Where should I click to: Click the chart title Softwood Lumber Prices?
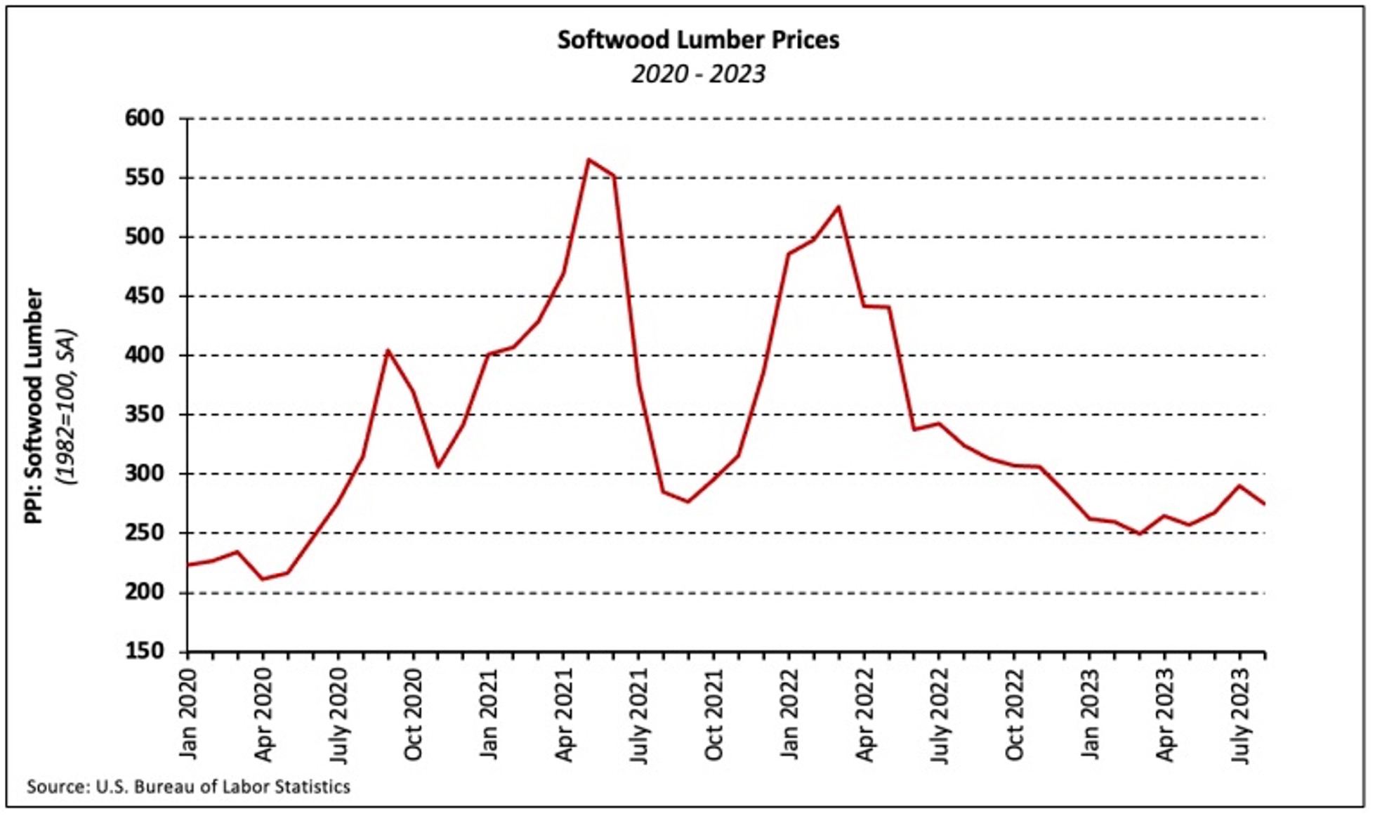tap(698, 40)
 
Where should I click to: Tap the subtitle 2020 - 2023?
tap(698, 74)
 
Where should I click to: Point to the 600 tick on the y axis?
tap(144, 118)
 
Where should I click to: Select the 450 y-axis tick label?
tap(144, 296)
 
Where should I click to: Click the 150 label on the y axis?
tap(144, 651)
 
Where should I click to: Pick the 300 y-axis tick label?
tap(144, 473)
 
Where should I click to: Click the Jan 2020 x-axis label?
tap(188, 713)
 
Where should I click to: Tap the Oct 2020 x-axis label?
tap(414, 713)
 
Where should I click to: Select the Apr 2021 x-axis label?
tap(564, 713)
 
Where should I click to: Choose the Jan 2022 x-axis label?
tap(789, 713)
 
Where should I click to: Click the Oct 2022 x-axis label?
tap(1015, 713)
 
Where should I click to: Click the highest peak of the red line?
tap(588, 159)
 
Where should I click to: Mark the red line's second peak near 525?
tap(838, 206)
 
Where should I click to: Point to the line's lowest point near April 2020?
tap(263, 579)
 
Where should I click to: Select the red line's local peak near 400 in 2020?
tap(388, 350)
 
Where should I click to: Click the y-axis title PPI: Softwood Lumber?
tap(34, 406)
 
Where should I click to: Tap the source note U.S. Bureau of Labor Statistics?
tap(188, 787)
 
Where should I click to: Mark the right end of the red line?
tap(1264, 504)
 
